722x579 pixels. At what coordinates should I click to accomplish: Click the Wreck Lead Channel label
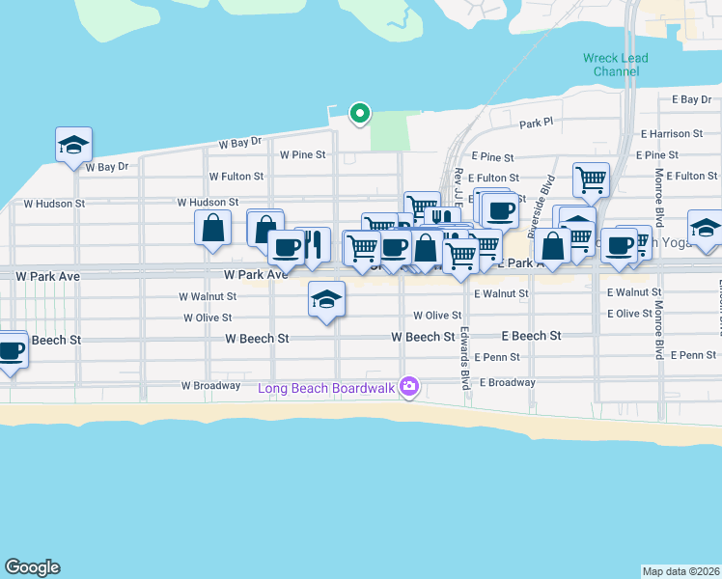(x=615, y=65)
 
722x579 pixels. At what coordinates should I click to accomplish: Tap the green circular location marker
(x=360, y=114)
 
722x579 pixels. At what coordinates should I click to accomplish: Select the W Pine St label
(x=303, y=154)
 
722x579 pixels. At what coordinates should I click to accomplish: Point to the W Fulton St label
(x=236, y=177)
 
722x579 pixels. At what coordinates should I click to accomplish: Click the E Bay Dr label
(x=690, y=99)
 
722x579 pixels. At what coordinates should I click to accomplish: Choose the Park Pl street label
(x=536, y=124)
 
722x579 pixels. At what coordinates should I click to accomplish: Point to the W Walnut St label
(x=208, y=297)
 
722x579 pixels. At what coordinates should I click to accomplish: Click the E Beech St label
(x=531, y=336)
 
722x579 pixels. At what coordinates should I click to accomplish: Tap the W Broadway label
(x=210, y=386)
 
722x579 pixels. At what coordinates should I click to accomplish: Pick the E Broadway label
(x=505, y=382)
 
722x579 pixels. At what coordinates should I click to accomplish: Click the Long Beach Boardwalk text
(x=328, y=389)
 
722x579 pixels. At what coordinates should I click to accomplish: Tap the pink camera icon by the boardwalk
(x=410, y=387)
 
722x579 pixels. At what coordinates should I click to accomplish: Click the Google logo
(x=32, y=567)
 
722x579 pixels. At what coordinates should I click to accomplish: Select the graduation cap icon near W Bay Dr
(x=73, y=146)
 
